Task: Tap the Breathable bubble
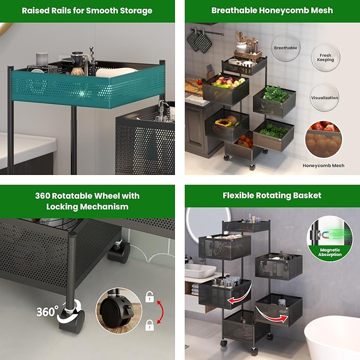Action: point(286,48)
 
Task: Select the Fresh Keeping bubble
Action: point(326,57)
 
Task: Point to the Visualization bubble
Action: point(324,98)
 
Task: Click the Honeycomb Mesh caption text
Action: point(323,165)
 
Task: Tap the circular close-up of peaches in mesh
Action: point(324,139)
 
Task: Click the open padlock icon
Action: point(150,296)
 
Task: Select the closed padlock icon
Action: point(150,325)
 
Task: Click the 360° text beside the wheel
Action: point(48,312)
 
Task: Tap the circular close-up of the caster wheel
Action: point(119,311)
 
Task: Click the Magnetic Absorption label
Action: point(330,252)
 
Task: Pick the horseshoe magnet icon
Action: point(324,235)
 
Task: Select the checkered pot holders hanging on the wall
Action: point(199,41)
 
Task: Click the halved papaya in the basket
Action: point(223,123)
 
